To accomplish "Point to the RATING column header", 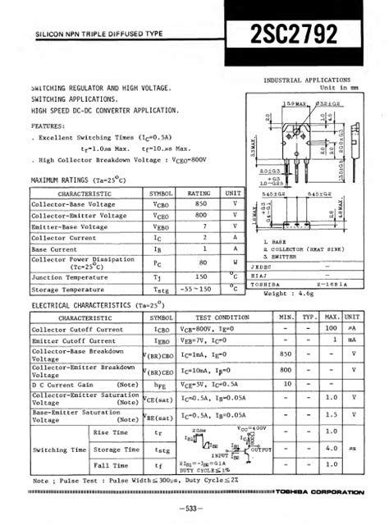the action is (x=199, y=192).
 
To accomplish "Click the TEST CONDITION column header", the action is (x=222, y=317).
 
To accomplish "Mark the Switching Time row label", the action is (x=57, y=450).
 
